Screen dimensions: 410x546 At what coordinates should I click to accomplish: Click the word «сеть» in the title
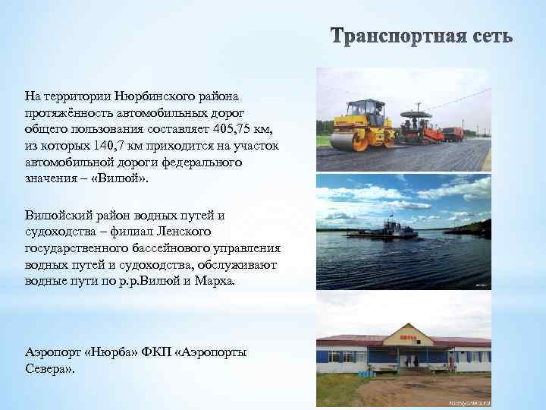(x=488, y=37)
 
